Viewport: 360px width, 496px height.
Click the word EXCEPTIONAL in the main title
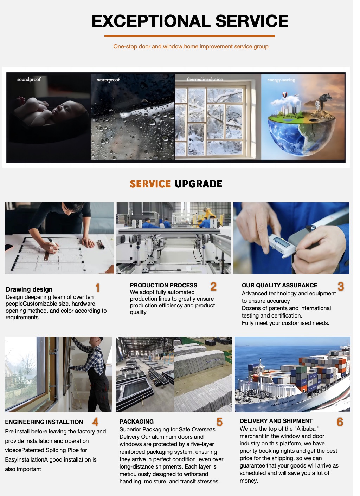pyautogui.click(x=151, y=21)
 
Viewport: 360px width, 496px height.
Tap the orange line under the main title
pyautogui.click(x=189, y=36)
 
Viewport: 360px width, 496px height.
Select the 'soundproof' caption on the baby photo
pyautogui.click(x=29, y=79)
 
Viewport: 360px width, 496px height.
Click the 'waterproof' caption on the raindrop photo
pyautogui.click(x=108, y=80)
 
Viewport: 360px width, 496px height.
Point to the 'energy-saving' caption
pyautogui.click(x=281, y=80)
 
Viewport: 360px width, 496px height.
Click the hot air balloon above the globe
pyautogui.click(x=285, y=95)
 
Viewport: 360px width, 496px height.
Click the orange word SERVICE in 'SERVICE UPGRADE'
pyautogui.click(x=150, y=184)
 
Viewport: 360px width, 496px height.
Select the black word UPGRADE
pyautogui.click(x=198, y=184)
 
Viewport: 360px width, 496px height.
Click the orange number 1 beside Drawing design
pyautogui.click(x=97, y=288)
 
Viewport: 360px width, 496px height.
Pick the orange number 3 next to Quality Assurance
pyautogui.click(x=341, y=286)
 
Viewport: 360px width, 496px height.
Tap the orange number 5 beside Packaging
pyautogui.click(x=219, y=422)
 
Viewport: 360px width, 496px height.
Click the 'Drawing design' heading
pyautogui.click(x=29, y=289)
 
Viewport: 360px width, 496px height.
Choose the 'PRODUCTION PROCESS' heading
pyautogui.click(x=163, y=285)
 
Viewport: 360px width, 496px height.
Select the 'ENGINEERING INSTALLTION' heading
pyautogui.click(x=44, y=422)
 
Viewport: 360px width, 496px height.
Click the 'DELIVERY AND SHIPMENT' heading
pyautogui.click(x=276, y=421)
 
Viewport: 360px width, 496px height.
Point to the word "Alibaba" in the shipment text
pyautogui.click(x=306, y=429)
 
